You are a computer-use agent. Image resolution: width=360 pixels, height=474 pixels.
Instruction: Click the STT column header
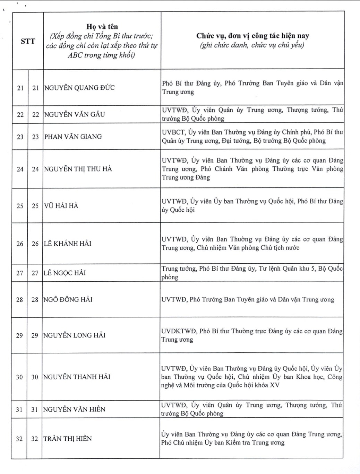coord(28,41)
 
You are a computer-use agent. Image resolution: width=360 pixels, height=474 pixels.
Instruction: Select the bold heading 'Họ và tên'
coord(102,27)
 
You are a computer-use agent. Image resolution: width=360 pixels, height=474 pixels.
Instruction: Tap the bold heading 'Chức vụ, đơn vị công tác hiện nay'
coord(252,36)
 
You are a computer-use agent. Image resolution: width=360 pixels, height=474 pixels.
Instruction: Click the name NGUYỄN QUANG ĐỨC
coord(79,88)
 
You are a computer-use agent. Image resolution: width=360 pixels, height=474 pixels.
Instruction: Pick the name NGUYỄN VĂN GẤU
coord(75,114)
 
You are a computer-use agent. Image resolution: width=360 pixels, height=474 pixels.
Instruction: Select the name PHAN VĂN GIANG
coord(73,137)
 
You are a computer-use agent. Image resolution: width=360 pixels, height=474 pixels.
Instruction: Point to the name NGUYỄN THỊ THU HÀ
coord(78,169)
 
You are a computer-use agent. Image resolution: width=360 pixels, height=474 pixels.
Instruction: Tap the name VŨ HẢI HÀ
coord(61,206)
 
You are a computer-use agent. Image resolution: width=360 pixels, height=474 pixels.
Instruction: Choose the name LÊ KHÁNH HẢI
coord(68,244)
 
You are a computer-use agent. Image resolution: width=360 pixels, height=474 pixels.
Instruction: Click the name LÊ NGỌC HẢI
coord(65,273)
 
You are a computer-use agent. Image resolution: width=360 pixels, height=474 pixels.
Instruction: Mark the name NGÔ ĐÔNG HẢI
coord(68,300)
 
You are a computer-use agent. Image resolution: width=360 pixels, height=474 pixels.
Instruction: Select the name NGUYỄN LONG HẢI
coord(74,335)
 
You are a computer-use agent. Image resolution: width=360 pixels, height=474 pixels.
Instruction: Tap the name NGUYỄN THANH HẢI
coord(77,377)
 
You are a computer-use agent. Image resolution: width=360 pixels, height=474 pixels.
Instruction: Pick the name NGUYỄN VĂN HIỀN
coord(74,409)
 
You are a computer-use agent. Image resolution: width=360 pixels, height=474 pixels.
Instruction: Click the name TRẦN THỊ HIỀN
coord(68,439)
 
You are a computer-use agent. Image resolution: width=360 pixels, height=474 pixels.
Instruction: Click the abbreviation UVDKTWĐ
coord(179,331)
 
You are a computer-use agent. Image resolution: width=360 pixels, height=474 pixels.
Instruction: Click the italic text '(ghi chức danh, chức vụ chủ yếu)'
coord(252,45)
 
